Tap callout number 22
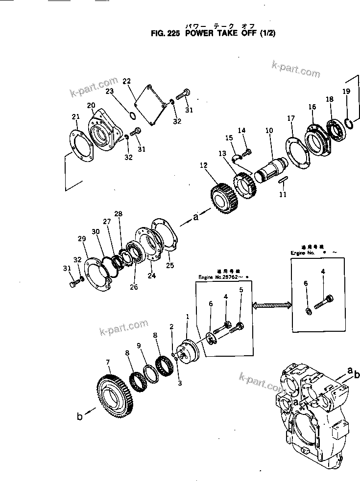pos(127,81)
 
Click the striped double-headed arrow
pos(272,305)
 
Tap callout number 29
pos(81,238)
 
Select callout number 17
pos(291,118)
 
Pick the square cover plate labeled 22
pos(151,105)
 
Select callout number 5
pos(240,290)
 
